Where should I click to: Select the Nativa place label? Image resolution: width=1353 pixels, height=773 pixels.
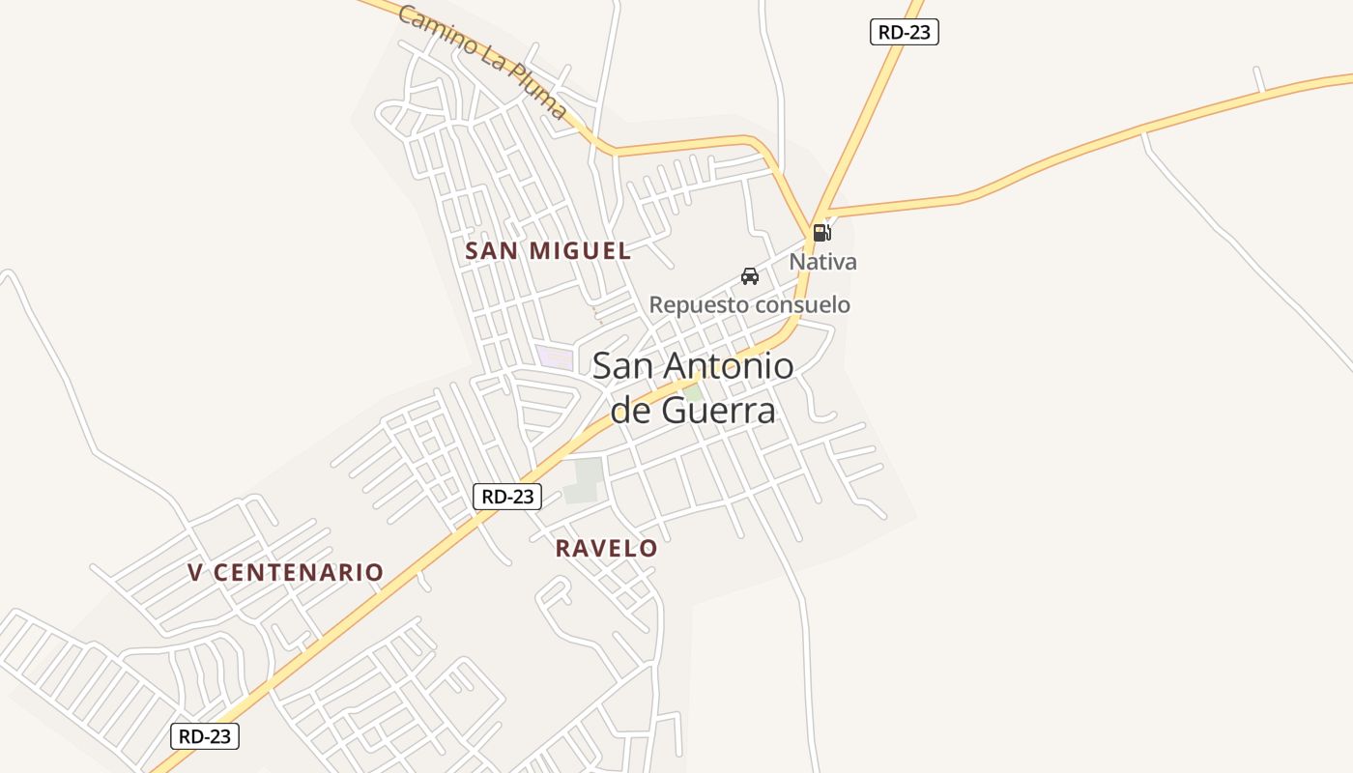click(822, 262)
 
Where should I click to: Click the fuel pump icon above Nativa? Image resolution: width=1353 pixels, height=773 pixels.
click(821, 232)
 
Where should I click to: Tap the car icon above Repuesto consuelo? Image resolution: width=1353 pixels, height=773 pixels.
click(749, 276)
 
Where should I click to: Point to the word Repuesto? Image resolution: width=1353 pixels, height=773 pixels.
click(699, 305)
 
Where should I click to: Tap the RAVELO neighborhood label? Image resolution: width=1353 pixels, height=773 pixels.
click(606, 549)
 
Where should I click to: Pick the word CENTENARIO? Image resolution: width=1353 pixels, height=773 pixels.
click(298, 573)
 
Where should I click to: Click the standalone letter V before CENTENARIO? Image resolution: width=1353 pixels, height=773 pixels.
click(195, 573)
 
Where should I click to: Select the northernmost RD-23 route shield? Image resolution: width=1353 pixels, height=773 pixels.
click(904, 32)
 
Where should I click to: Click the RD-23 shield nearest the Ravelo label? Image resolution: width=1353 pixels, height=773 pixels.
click(507, 497)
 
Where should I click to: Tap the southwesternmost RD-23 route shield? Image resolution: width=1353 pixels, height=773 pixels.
click(205, 736)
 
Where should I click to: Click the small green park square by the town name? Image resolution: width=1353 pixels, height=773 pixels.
click(693, 393)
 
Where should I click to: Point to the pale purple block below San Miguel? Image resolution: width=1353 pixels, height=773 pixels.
click(556, 357)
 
